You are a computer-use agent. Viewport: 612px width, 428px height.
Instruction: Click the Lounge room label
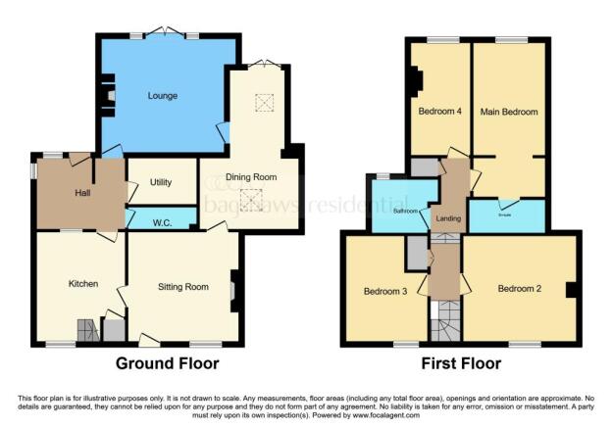[162, 96]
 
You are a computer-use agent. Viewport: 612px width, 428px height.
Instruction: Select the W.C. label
[163, 223]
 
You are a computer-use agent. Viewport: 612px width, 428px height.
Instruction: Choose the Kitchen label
[82, 284]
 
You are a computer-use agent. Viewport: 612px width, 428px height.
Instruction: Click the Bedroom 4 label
[439, 112]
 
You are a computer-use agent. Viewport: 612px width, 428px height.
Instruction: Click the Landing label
[449, 217]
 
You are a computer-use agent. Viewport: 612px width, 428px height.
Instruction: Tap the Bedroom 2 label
[519, 288]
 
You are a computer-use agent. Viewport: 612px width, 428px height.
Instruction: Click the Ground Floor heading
[167, 363]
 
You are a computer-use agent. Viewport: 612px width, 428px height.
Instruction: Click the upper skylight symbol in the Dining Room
[263, 102]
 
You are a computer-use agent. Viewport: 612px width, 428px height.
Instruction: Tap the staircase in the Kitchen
[88, 331]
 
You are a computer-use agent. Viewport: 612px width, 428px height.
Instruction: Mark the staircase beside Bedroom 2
[447, 320]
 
